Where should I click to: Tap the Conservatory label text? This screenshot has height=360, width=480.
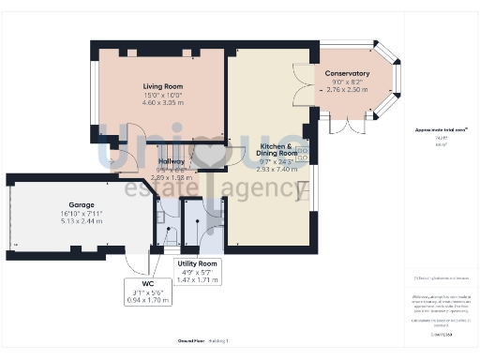click(x=347, y=73)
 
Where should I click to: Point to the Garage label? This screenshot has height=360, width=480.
click(x=81, y=203)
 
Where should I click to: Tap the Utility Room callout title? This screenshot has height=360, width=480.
click(x=197, y=263)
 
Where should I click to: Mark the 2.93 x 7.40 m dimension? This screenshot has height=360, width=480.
click(x=277, y=170)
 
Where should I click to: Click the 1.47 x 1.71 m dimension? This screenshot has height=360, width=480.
click(x=197, y=279)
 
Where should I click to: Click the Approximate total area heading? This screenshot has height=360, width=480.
click(x=441, y=129)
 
